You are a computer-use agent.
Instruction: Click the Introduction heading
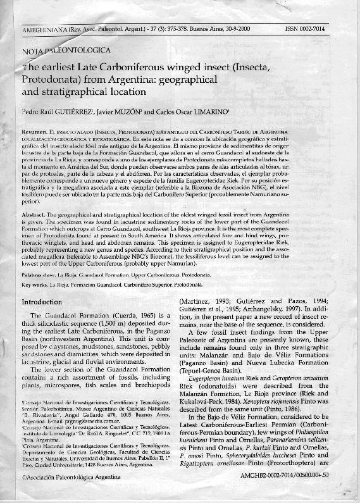coord(46,302)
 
